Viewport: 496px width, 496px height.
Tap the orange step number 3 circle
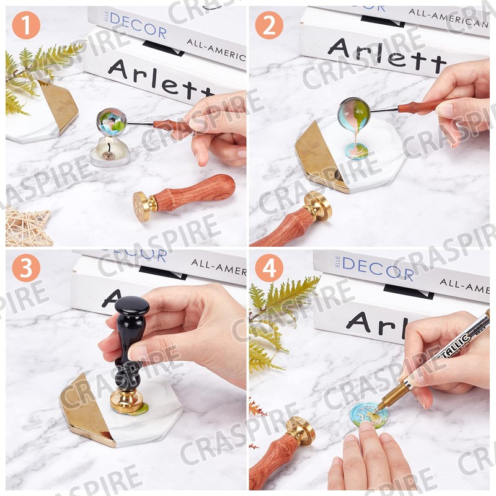tap(26, 268)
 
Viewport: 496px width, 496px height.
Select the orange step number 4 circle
tap(269, 268)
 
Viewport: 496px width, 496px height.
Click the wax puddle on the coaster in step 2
tap(356, 151)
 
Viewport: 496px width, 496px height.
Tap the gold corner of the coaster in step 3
tap(87, 409)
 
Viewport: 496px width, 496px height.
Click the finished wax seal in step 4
tap(368, 414)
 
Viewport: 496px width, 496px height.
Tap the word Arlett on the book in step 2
tap(387, 55)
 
